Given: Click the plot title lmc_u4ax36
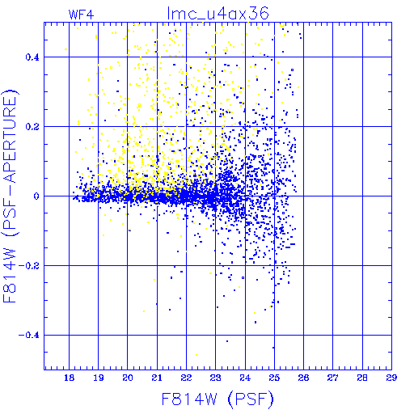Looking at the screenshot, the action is click(218, 13).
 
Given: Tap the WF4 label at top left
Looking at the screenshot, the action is click(82, 15).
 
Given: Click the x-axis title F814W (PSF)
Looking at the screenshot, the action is click(218, 399).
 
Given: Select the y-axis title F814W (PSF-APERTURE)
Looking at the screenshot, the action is click(10, 196).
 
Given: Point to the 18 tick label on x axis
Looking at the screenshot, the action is click(69, 378).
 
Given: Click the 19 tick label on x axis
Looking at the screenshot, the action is click(99, 378).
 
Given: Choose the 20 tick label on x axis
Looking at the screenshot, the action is click(128, 378).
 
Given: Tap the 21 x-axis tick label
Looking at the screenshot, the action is click(157, 378).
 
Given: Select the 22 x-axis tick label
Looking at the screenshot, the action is click(186, 378).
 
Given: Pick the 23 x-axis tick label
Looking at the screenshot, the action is click(216, 378).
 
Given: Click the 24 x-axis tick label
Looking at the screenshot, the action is click(245, 378).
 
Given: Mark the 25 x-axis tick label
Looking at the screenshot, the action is click(274, 378).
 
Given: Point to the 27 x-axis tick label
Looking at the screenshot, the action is click(333, 378).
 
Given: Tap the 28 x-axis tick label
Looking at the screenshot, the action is click(362, 378).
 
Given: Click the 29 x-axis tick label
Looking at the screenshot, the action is click(391, 378).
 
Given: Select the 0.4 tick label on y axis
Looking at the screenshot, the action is click(32, 57).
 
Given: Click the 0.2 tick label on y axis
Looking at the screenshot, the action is click(32, 127).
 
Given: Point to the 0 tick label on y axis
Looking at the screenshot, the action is click(36, 196).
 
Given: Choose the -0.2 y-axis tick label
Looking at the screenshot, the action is click(29, 266).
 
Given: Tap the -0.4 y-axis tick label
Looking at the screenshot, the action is click(29, 336).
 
